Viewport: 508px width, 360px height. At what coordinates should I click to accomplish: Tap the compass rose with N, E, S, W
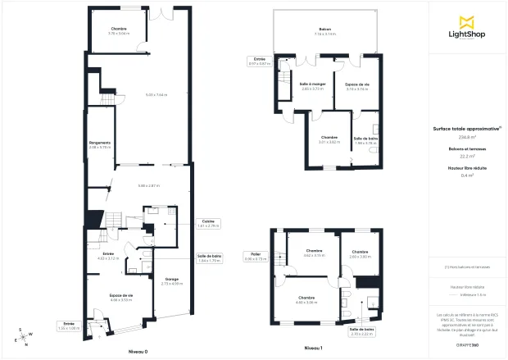point(24,335)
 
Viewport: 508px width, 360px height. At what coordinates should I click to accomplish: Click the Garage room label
point(172,281)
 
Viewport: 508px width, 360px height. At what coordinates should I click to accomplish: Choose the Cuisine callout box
point(209,223)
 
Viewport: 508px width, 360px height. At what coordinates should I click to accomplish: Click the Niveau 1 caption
point(313,349)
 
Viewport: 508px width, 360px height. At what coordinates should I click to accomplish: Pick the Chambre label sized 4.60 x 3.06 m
point(306,299)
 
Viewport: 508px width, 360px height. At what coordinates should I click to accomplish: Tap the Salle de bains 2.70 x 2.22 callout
point(362,331)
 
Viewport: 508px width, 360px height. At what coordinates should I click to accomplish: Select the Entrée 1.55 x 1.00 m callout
point(69,326)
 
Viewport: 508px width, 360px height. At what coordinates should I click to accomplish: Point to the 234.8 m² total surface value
point(468,137)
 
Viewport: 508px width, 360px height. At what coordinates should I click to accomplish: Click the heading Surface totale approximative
point(468,129)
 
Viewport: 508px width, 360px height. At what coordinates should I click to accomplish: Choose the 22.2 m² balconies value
point(468,156)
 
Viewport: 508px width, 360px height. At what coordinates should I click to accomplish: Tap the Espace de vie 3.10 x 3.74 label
point(357,86)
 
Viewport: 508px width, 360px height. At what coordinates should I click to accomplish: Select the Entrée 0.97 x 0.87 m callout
point(259,62)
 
